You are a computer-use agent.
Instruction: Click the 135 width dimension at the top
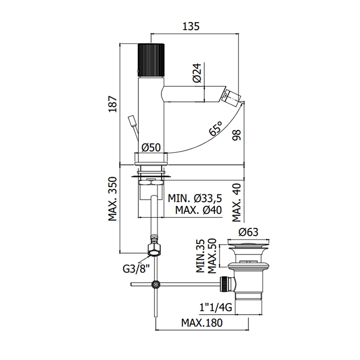(191, 26)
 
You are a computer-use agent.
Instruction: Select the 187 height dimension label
(113, 104)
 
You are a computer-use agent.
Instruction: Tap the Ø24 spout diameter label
(197, 73)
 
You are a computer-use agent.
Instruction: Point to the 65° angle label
(216, 129)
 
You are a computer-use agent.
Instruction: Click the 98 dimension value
(237, 135)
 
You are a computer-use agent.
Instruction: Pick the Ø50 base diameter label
(151, 148)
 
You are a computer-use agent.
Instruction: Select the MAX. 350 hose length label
(113, 199)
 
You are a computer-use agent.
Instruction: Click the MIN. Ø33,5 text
(195, 198)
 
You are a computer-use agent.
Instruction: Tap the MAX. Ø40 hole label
(199, 210)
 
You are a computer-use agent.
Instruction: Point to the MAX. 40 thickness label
(237, 203)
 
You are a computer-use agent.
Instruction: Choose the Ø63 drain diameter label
(248, 232)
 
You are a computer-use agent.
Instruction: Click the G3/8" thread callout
(136, 268)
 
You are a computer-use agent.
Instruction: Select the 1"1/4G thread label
(216, 307)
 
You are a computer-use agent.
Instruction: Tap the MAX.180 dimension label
(202, 323)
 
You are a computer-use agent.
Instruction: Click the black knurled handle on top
(151, 60)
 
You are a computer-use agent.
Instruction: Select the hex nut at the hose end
(154, 250)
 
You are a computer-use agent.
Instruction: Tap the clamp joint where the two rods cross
(156, 285)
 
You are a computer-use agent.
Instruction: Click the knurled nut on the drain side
(224, 284)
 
